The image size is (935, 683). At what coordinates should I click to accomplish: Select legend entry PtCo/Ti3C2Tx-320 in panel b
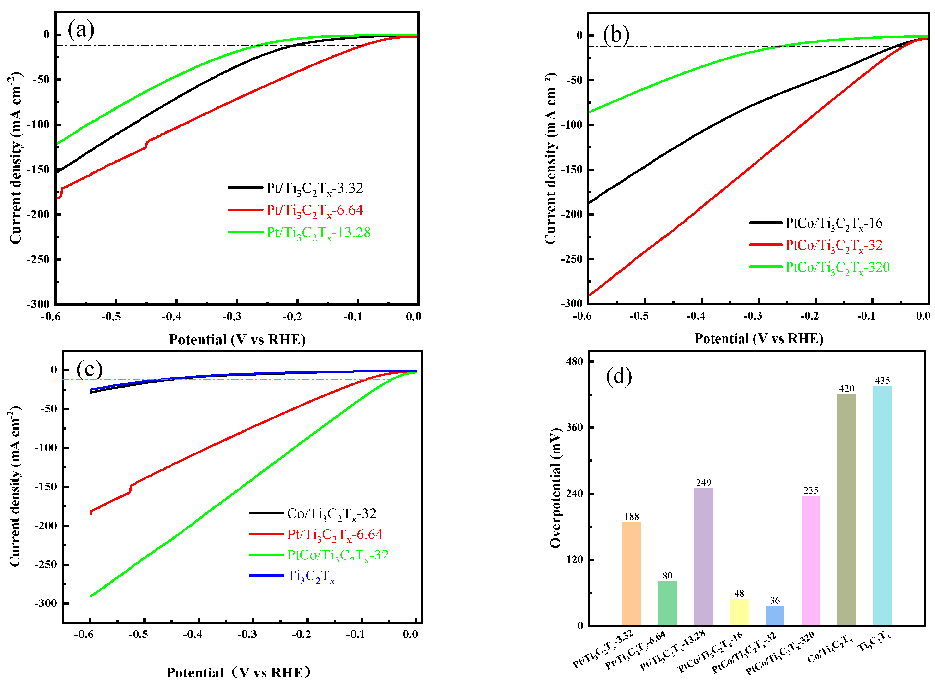tap(837, 267)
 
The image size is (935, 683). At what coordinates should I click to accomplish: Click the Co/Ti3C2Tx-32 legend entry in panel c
tap(331, 514)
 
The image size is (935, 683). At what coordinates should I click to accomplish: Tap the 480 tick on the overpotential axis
tap(574, 361)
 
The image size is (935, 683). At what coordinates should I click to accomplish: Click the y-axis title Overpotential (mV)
tap(555, 488)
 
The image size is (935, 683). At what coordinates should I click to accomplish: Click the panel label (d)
tap(619, 376)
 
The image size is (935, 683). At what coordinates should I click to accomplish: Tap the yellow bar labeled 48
tap(739, 612)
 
